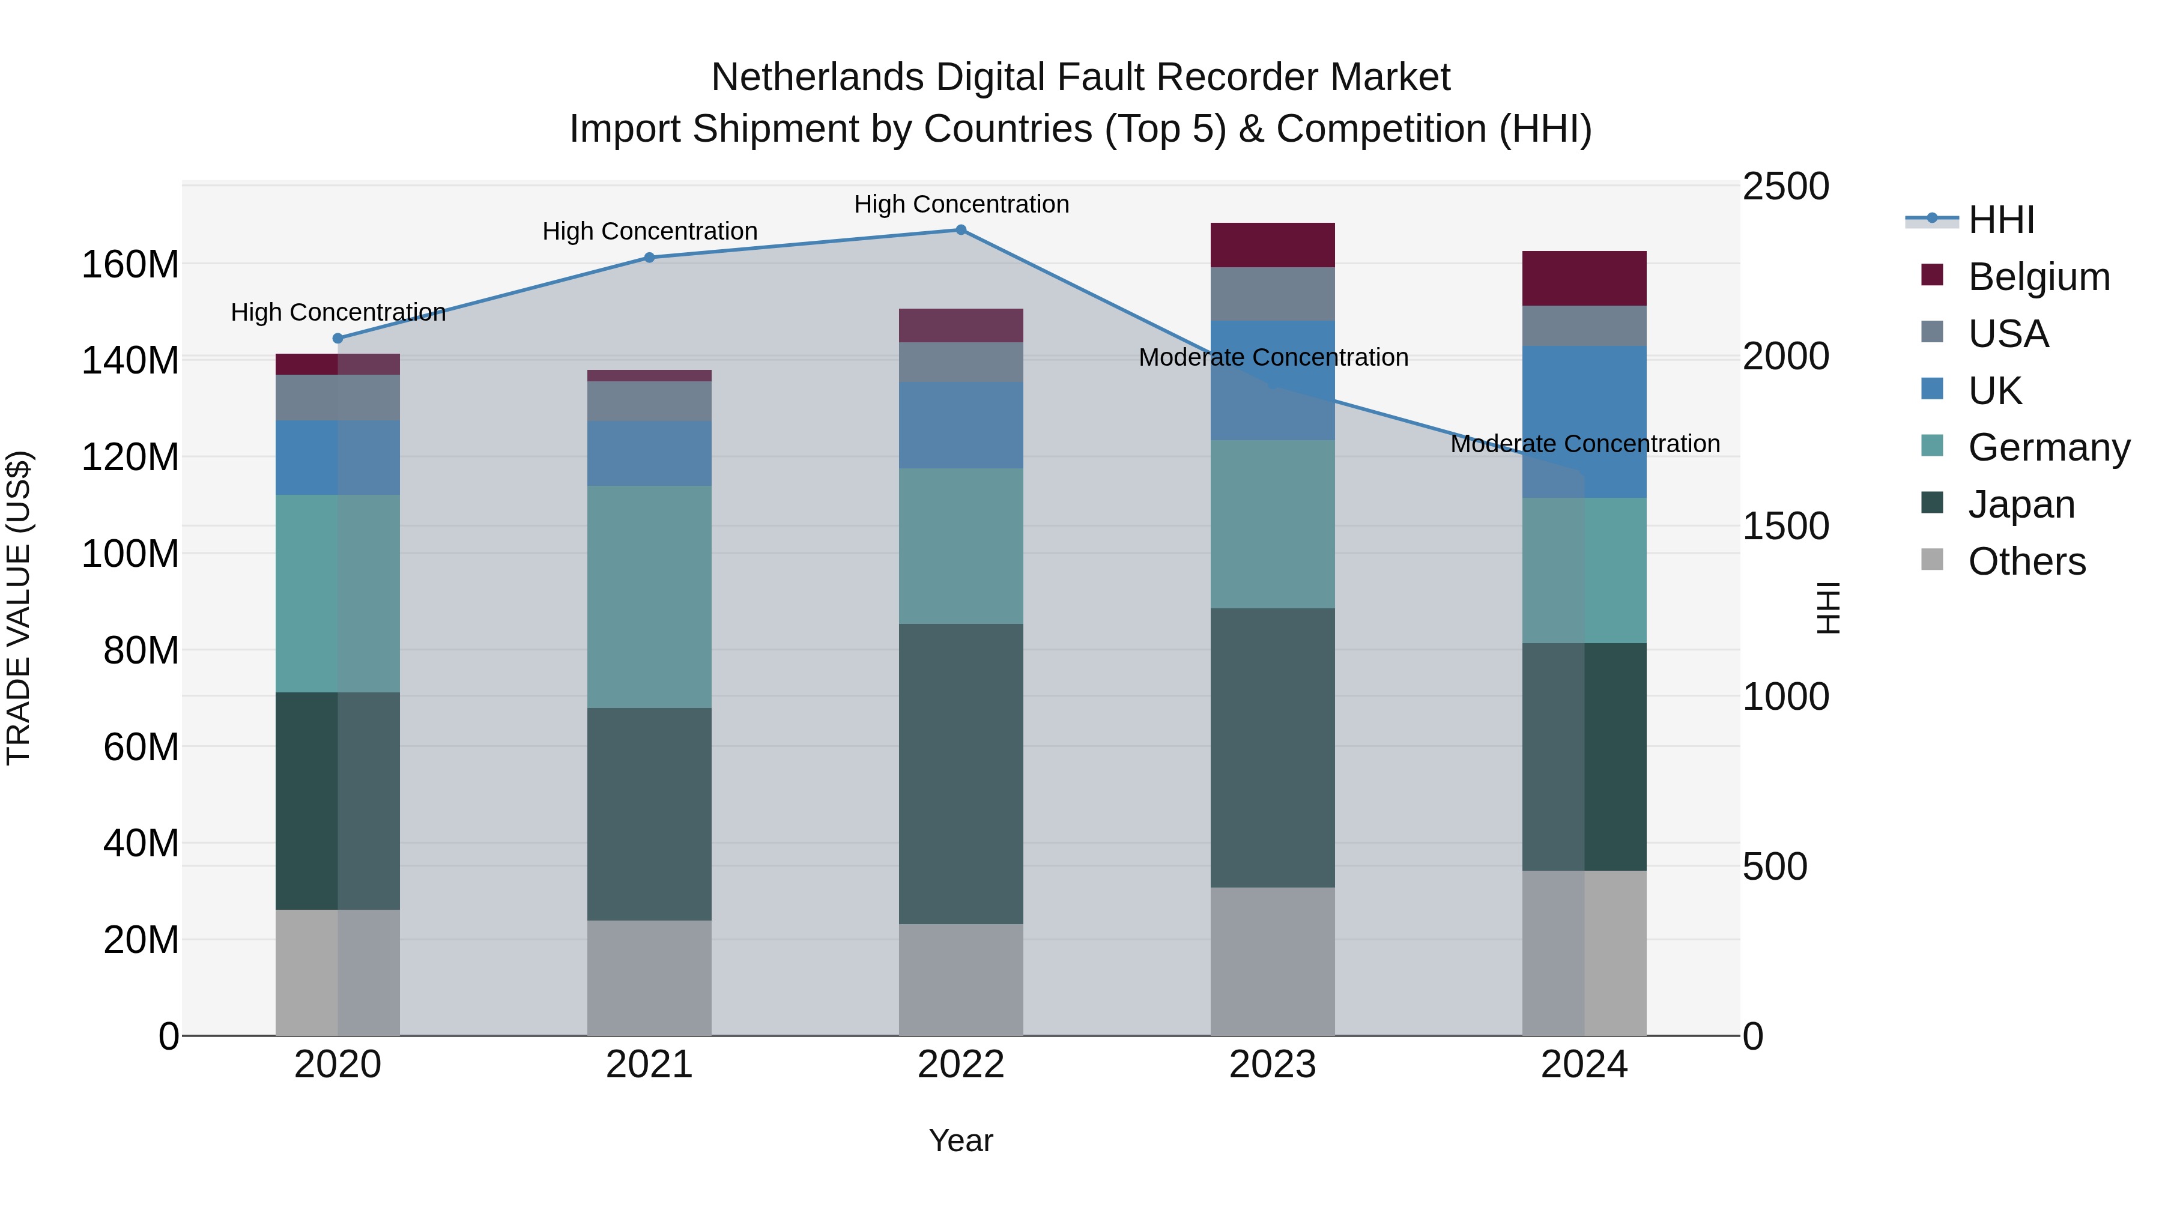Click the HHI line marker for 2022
[961, 230]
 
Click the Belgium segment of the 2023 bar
[1273, 245]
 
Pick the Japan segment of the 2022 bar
[961, 774]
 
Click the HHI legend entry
[2001, 220]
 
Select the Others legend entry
[2026, 561]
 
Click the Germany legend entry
[2048, 447]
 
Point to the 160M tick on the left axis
[130, 264]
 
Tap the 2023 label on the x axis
[1273, 1065]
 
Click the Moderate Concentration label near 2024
[1585, 444]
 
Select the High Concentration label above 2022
[961, 204]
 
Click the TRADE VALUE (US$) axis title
[19, 608]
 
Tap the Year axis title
[960, 1140]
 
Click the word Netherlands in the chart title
[817, 77]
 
